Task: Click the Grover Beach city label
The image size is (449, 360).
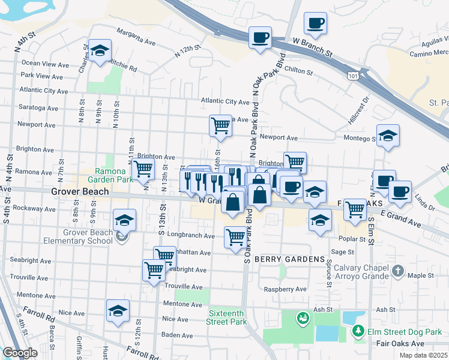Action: (x=79, y=192)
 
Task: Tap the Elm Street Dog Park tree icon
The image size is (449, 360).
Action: (x=358, y=331)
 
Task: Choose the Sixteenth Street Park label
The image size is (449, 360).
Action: (x=228, y=317)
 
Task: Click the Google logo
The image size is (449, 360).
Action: (x=20, y=353)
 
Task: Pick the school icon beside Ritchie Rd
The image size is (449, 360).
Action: (x=100, y=50)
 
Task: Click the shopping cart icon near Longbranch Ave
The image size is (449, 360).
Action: (x=235, y=238)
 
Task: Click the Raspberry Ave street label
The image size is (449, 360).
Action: (x=286, y=289)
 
